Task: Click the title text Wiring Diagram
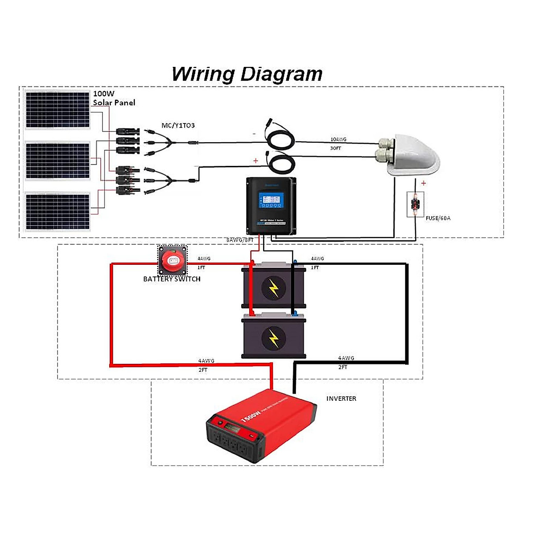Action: pos(247,74)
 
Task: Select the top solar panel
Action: pos(57,110)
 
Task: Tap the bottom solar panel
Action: pos(57,212)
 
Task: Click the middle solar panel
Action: pos(57,160)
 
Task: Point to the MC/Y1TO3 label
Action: pos(178,126)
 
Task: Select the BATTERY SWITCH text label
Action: pos(172,279)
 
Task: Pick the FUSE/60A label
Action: pos(438,218)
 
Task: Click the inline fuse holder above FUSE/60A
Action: pos(416,205)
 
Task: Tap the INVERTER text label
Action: pos(341,399)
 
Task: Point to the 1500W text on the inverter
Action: pos(251,416)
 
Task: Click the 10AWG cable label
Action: pos(338,140)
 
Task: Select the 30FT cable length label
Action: pos(335,148)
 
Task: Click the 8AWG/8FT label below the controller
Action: pos(240,240)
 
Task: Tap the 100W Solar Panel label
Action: pos(113,98)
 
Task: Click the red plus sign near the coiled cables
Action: pos(255,160)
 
